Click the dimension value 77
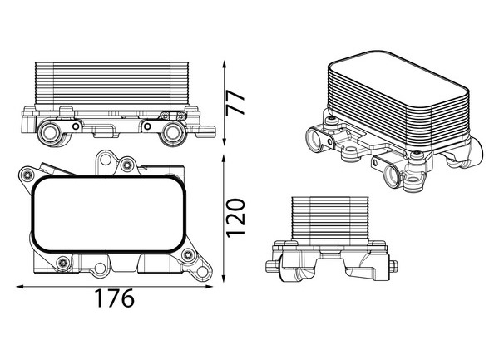point(235,102)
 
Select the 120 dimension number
point(235,218)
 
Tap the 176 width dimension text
point(115,298)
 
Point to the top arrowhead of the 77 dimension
point(225,65)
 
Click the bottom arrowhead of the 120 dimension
point(224,278)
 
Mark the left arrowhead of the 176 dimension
point(20,287)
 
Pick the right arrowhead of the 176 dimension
point(209,287)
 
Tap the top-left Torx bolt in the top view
point(27,175)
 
